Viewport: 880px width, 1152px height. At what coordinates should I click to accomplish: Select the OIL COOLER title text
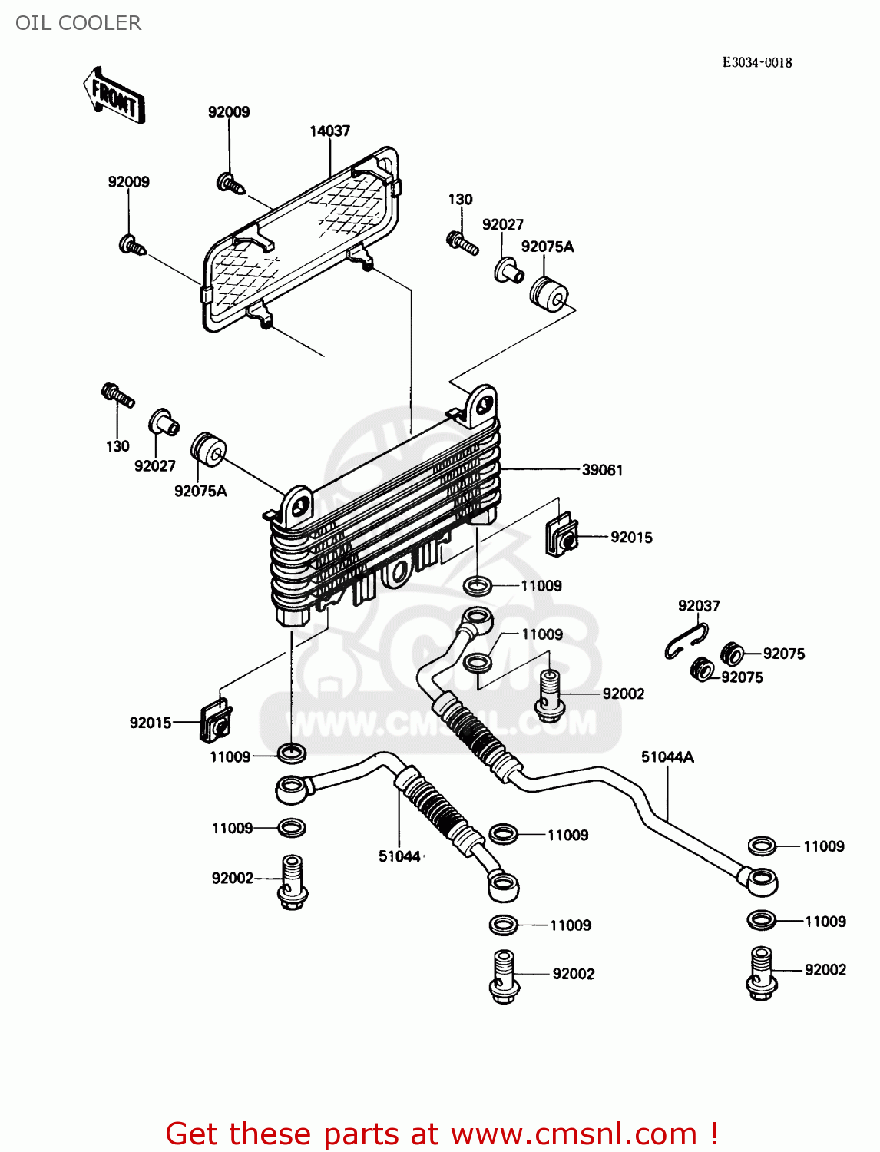click(78, 23)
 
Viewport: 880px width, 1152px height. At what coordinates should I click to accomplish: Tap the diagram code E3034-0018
click(756, 62)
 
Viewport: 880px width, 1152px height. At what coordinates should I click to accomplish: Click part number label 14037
click(329, 131)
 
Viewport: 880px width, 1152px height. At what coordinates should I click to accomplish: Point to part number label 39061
click(602, 470)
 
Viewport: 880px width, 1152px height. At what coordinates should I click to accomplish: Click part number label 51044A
click(667, 757)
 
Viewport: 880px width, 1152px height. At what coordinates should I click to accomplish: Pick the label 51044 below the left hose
click(399, 856)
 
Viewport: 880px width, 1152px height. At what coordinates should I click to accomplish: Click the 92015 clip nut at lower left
click(217, 723)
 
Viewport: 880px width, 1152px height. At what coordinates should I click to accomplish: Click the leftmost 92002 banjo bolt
click(292, 882)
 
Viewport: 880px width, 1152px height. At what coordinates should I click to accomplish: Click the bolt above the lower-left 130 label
click(117, 396)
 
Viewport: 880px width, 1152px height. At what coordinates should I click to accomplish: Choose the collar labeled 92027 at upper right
click(508, 270)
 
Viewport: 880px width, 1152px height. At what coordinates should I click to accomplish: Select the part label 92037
click(699, 606)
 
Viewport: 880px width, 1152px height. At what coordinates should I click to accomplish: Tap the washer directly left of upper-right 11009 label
click(479, 586)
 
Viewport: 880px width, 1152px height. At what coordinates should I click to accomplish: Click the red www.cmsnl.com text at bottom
click(573, 1134)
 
